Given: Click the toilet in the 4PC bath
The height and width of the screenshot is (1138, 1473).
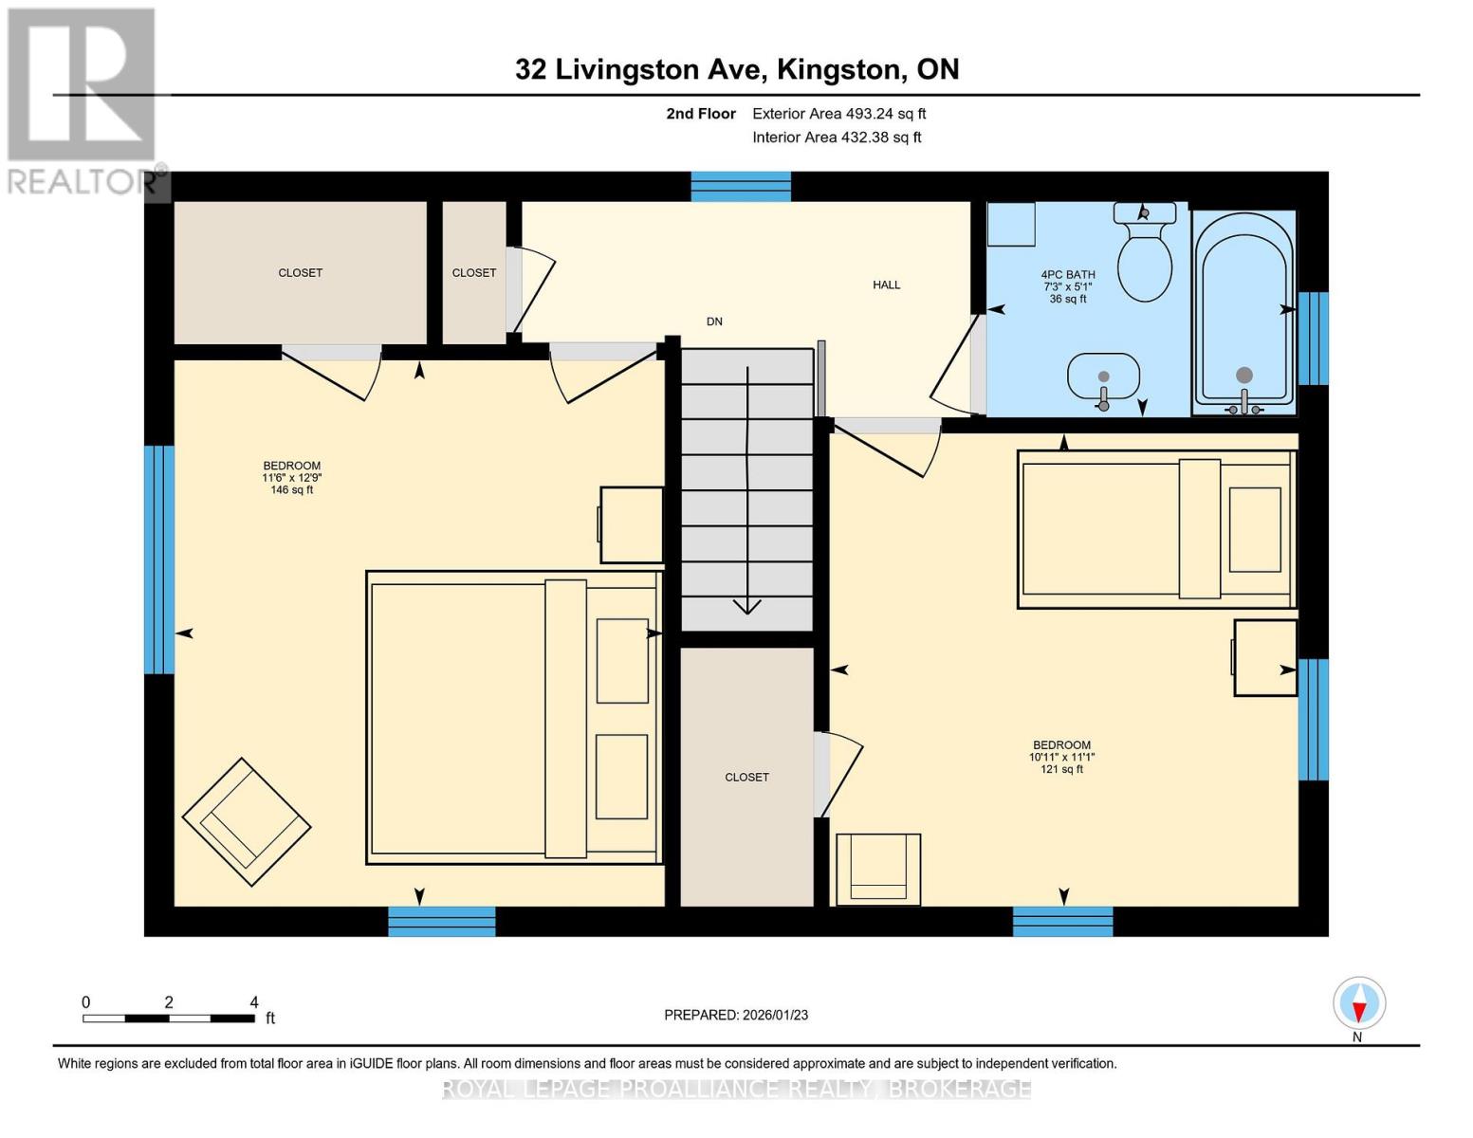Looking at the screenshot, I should click(x=1145, y=261).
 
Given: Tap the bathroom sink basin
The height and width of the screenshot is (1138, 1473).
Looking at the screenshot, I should click(x=1103, y=376).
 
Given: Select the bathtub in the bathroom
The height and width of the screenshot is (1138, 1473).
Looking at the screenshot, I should click(x=1243, y=308).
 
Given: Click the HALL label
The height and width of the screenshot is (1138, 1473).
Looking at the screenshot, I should click(x=886, y=284).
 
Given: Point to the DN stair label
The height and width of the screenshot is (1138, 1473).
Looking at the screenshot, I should click(x=714, y=321).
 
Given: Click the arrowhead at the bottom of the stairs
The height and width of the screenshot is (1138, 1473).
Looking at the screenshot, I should click(x=747, y=606).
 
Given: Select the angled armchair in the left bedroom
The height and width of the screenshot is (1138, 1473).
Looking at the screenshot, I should click(x=247, y=821).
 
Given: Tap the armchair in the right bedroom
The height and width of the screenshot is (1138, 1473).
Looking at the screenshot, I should click(x=878, y=868).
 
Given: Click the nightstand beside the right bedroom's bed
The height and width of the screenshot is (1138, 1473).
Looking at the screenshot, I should click(x=1264, y=658).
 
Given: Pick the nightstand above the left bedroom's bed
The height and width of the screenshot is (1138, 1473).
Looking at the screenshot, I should click(x=631, y=525).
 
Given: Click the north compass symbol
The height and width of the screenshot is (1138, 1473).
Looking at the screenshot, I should click(x=1359, y=1003).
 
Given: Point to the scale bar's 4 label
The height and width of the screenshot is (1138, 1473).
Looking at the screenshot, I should click(x=253, y=1002).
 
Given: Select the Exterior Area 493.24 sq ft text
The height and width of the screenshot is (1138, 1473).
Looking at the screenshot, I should click(x=838, y=114).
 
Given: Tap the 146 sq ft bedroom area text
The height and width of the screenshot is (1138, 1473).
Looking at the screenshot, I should click(x=291, y=490).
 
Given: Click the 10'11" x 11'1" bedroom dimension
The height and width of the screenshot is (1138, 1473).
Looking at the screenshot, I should click(x=1061, y=757).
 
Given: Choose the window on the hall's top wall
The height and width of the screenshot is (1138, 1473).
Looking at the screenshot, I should click(x=741, y=186).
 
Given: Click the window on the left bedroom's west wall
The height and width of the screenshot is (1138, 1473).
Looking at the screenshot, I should click(x=159, y=560).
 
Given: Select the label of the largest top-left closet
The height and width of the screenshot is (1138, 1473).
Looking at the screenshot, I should click(x=300, y=273).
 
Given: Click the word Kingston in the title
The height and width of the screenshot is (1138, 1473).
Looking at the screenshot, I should click(x=838, y=69).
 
